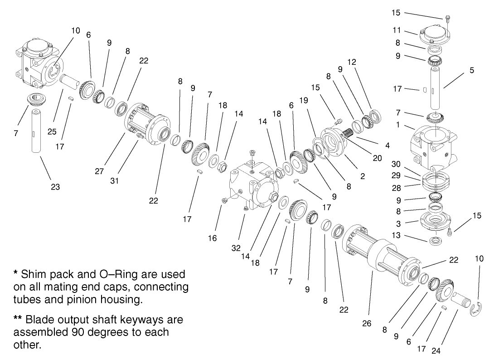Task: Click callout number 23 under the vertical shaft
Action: click(55, 187)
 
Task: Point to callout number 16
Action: click(212, 238)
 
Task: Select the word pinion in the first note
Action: click(95, 300)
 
